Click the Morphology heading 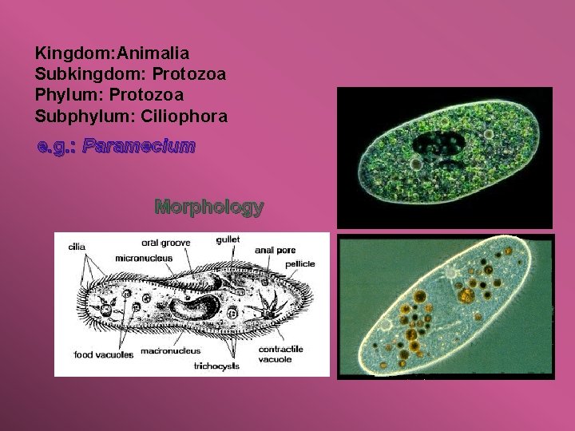tap(209, 208)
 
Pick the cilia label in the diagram tap(77, 247)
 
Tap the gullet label tap(228, 240)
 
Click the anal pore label tap(275, 250)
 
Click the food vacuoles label tap(104, 354)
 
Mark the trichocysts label tap(216, 366)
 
